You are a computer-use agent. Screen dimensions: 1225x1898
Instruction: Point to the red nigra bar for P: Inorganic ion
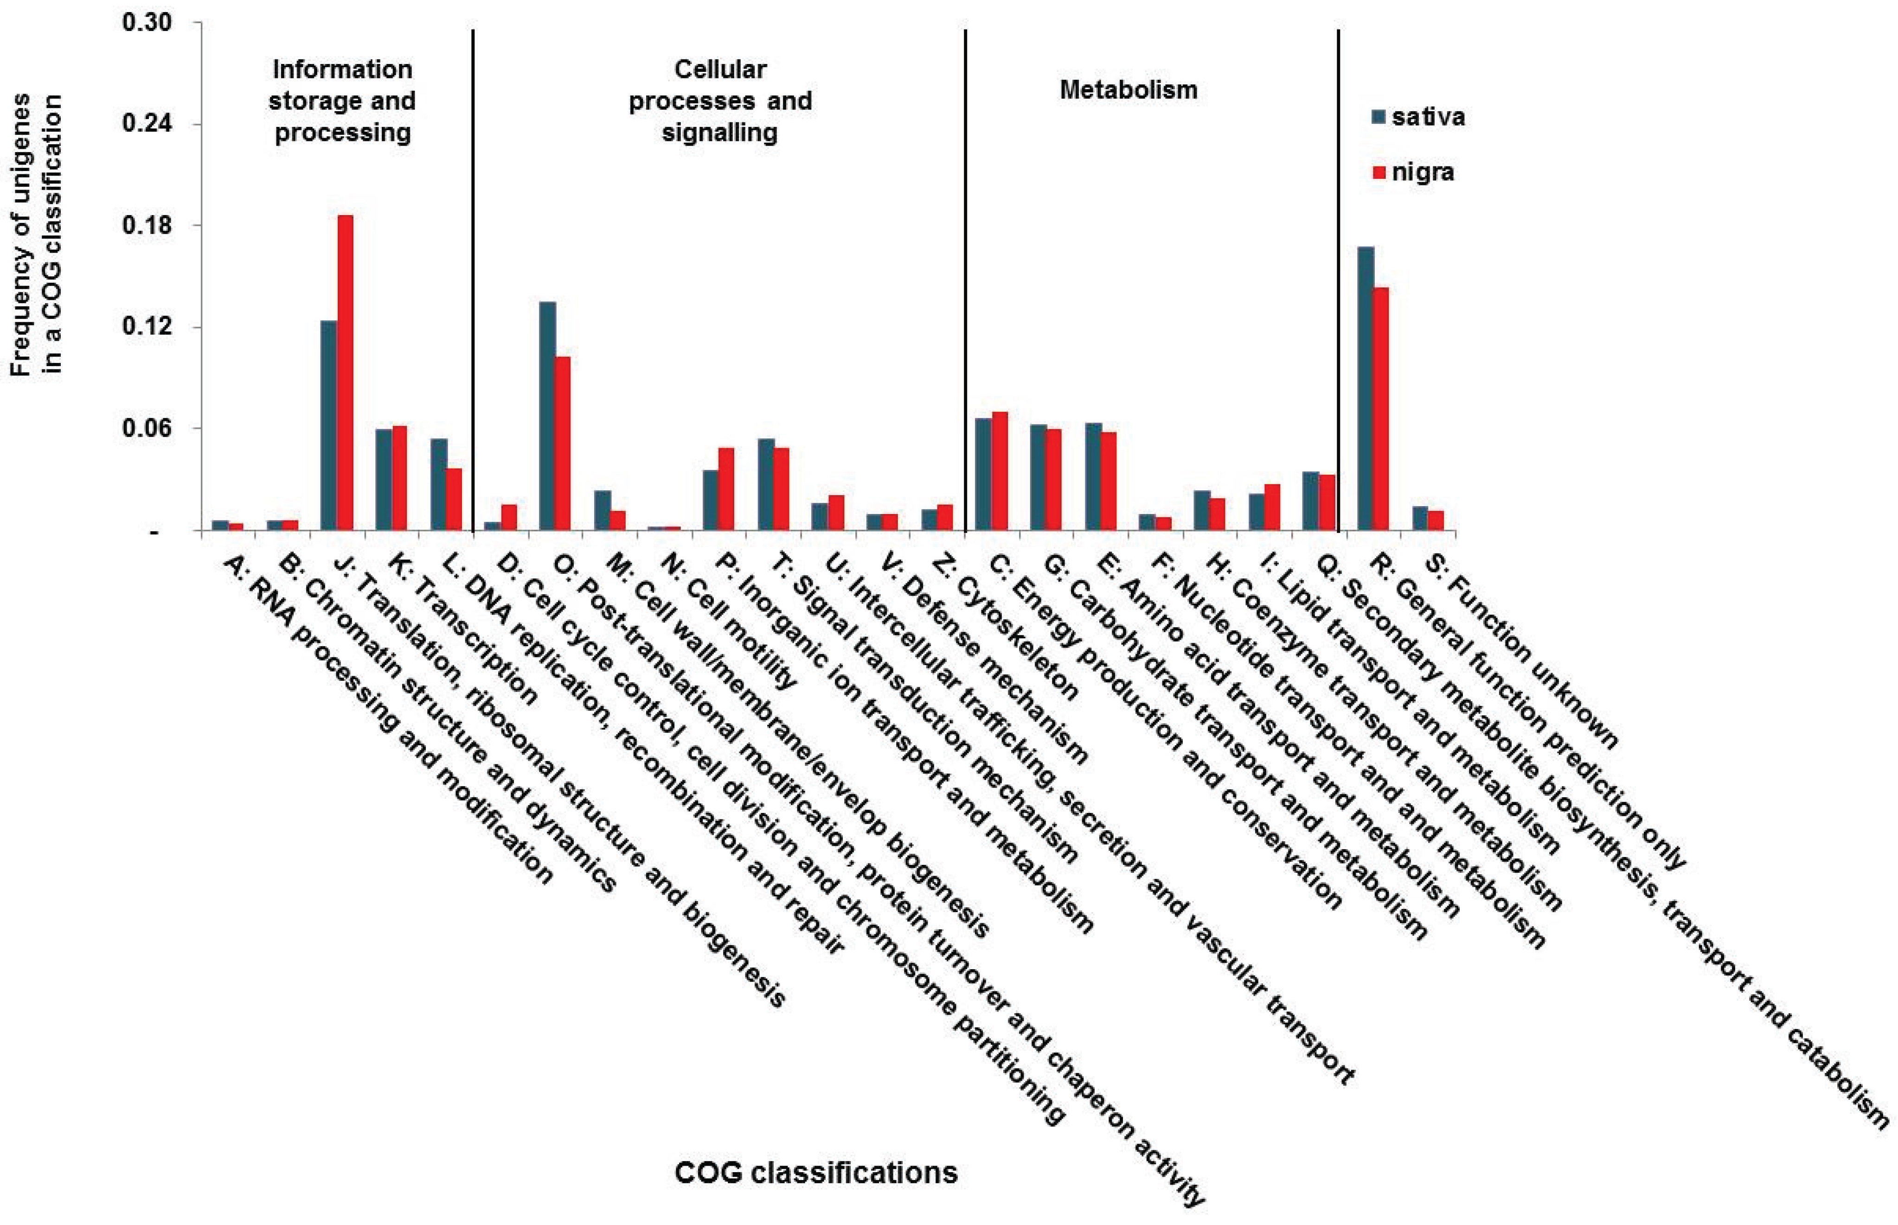(726, 489)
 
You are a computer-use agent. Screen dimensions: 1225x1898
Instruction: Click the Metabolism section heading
(1128, 90)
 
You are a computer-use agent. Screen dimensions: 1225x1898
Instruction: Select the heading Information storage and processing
(342, 101)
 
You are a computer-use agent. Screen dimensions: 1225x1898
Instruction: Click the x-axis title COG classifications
(816, 1173)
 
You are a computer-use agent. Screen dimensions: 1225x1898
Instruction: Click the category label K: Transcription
(462, 628)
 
